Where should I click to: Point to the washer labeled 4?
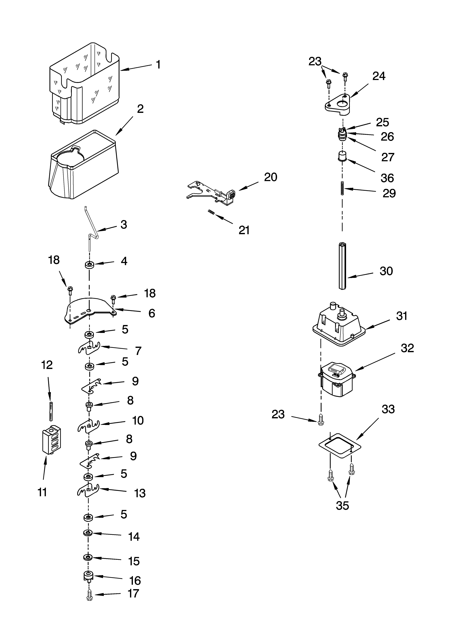click(x=90, y=265)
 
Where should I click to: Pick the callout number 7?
click(x=138, y=351)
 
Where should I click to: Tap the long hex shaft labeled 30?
click(x=342, y=266)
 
